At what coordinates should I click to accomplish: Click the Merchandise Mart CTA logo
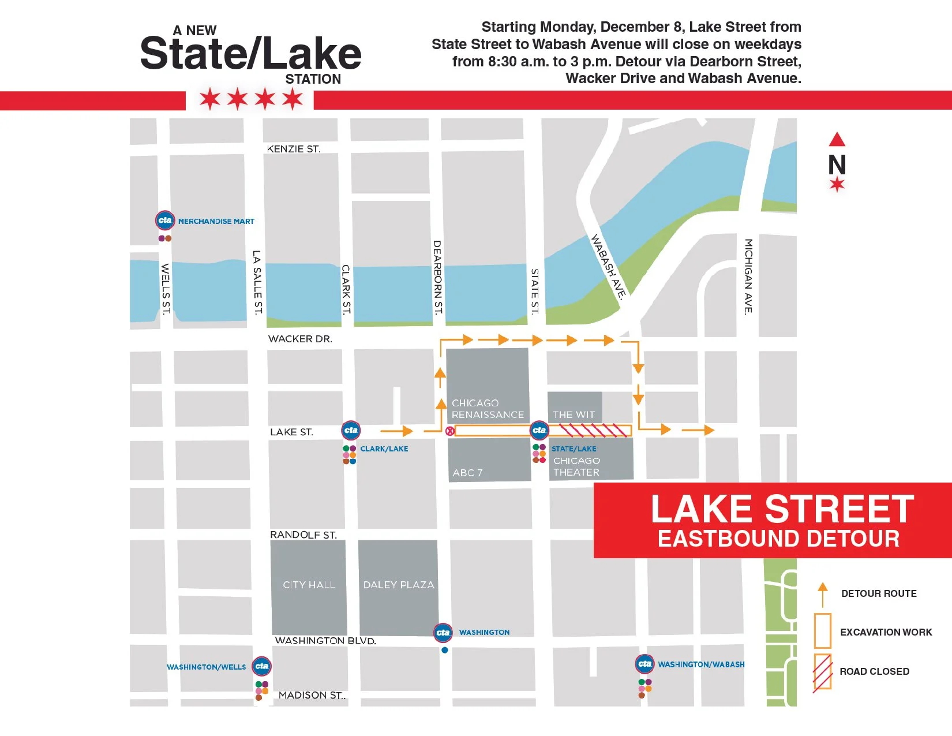[x=165, y=220]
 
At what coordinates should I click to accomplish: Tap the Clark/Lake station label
[x=384, y=449]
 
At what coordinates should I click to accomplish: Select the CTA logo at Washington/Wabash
[x=644, y=664]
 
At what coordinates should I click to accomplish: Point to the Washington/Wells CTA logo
[x=262, y=666]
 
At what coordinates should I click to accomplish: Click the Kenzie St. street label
[x=293, y=149]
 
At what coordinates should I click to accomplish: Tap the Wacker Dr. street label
[x=300, y=339]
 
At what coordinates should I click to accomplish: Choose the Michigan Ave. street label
[x=748, y=277]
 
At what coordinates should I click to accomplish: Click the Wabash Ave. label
[x=608, y=266]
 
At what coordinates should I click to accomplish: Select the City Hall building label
[x=309, y=585]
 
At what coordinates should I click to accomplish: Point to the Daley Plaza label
[x=399, y=585]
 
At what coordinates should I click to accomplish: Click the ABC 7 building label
[x=467, y=473]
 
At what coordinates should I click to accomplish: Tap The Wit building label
[x=574, y=414]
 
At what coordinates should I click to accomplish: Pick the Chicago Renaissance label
[x=488, y=409]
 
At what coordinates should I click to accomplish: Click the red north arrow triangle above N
[x=837, y=140]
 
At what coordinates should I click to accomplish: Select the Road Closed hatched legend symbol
[x=823, y=673]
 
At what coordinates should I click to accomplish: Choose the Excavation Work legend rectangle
[x=823, y=630]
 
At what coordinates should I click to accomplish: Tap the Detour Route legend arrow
[x=823, y=595]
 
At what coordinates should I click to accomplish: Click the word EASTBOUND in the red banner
[x=728, y=539]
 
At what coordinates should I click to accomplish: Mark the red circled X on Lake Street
[x=450, y=431]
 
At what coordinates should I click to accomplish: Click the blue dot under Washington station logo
[x=444, y=650]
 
